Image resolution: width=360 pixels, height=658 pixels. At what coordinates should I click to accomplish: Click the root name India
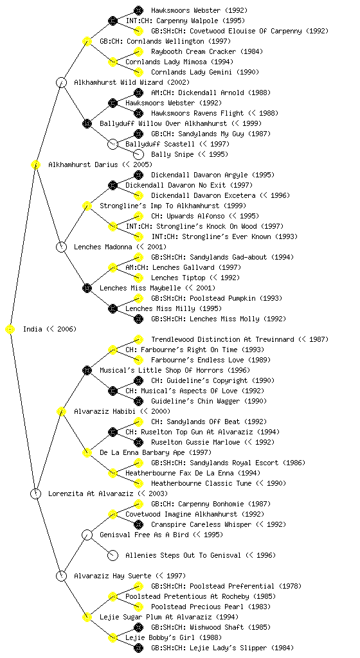(33, 329)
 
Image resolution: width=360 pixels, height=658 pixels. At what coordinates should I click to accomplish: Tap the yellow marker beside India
(10, 329)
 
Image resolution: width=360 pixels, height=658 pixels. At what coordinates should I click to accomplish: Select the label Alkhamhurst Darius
(83, 164)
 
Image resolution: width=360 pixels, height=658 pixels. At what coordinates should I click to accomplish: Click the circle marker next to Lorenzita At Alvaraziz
(35, 493)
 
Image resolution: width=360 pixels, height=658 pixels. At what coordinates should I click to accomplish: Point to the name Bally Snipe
(172, 154)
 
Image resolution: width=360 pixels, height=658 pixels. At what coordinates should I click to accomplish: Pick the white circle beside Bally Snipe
(138, 154)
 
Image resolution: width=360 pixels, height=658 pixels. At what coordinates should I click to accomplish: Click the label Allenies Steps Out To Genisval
(183, 555)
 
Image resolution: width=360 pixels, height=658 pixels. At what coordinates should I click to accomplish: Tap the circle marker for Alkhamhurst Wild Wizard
(61, 82)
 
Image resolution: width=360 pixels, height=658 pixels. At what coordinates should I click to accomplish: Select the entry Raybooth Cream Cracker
(194, 51)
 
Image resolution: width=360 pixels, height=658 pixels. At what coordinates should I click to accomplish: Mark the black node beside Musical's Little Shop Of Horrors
(87, 370)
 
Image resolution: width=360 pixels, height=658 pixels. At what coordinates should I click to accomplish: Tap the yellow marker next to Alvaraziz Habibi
(61, 411)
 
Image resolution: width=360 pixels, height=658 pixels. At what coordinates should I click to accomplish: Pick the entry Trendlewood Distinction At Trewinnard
(222, 339)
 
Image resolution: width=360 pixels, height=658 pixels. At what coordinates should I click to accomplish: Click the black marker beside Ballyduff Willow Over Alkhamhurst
(87, 123)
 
